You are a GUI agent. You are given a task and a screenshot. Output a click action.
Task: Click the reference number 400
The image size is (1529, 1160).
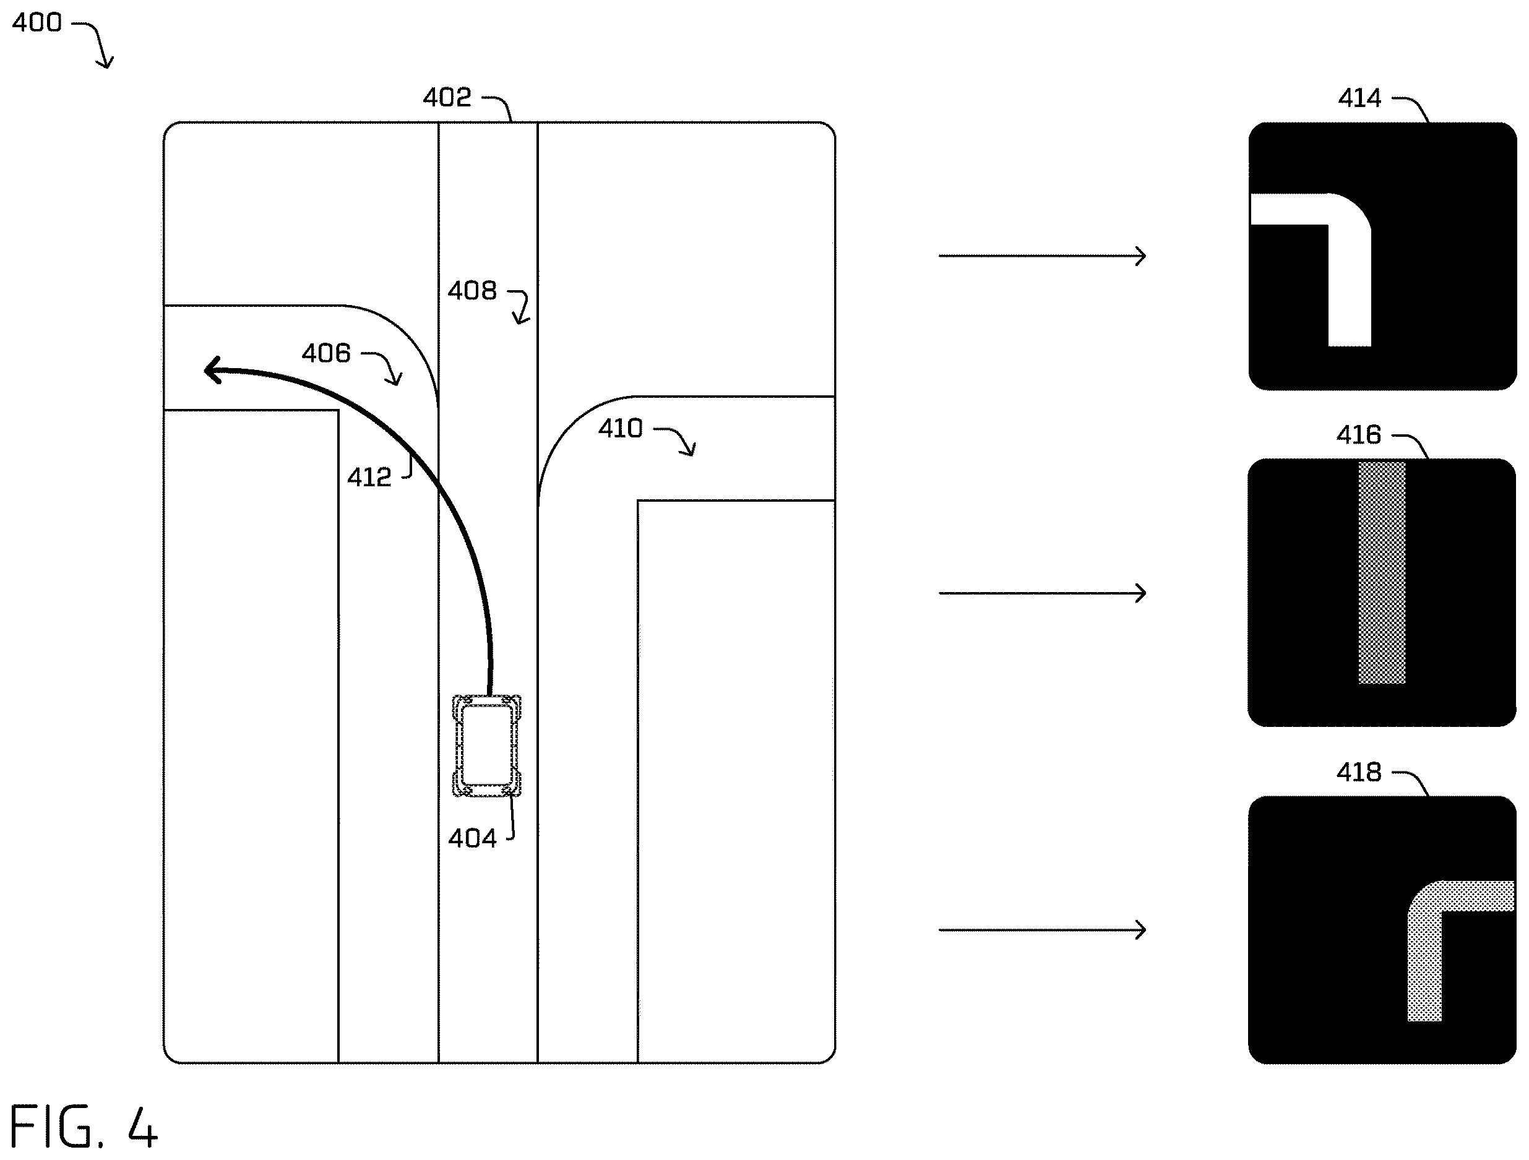pos(37,23)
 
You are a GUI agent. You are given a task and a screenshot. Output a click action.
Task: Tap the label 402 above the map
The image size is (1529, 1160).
pos(447,98)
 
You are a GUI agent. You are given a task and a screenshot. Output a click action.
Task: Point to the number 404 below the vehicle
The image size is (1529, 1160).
pos(472,838)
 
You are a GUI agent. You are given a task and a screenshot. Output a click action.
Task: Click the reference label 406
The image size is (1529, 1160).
pos(326,353)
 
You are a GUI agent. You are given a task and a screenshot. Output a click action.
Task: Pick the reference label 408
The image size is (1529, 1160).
pos(472,290)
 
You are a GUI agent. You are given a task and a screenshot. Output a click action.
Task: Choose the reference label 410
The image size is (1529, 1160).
pos(620,429)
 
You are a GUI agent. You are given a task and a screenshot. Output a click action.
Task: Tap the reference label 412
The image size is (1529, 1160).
pos(369,477)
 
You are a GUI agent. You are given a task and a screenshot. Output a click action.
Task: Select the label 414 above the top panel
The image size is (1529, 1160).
pos(1359,98)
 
